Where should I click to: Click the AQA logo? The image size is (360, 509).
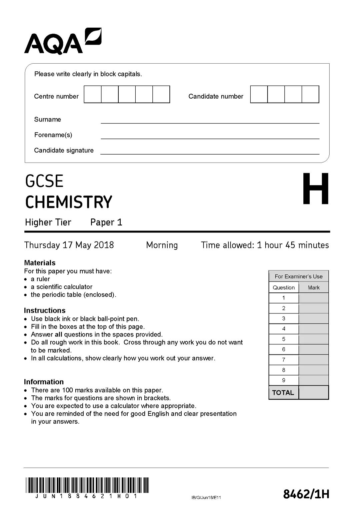click(x=62, y=42)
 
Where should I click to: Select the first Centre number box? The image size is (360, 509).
click(x=93, y=94)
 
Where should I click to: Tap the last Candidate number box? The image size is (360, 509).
click(x=310, y=94)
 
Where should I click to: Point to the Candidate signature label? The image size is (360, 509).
click(x=64, y=150)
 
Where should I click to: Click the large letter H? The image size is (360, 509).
click(x=316, y=189)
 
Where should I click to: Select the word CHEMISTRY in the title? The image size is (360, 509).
click(x=69, y=202)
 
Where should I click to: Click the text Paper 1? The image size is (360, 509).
click(x=106, y=222)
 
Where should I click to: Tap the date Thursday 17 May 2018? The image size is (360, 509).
click(x=69, y=245)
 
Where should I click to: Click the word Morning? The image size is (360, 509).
click(x=162, y=245)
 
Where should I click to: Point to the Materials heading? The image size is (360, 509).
click(x=40, y=263)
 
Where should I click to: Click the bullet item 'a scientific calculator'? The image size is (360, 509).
click(x=61, y=287)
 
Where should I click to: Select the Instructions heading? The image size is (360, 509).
click(x=45, y=310)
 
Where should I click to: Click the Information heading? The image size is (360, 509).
click(x=44, y=382)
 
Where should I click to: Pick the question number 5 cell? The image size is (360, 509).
click(x=284, y=339)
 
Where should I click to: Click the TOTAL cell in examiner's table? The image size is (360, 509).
click(x=283, y=392)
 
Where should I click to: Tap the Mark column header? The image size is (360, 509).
click(x=314, y=287)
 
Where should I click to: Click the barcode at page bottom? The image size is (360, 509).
click(x=87, y=485)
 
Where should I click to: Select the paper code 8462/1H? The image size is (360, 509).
click(x=306, y=494)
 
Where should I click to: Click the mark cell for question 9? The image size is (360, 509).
click(x=314, y=380)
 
